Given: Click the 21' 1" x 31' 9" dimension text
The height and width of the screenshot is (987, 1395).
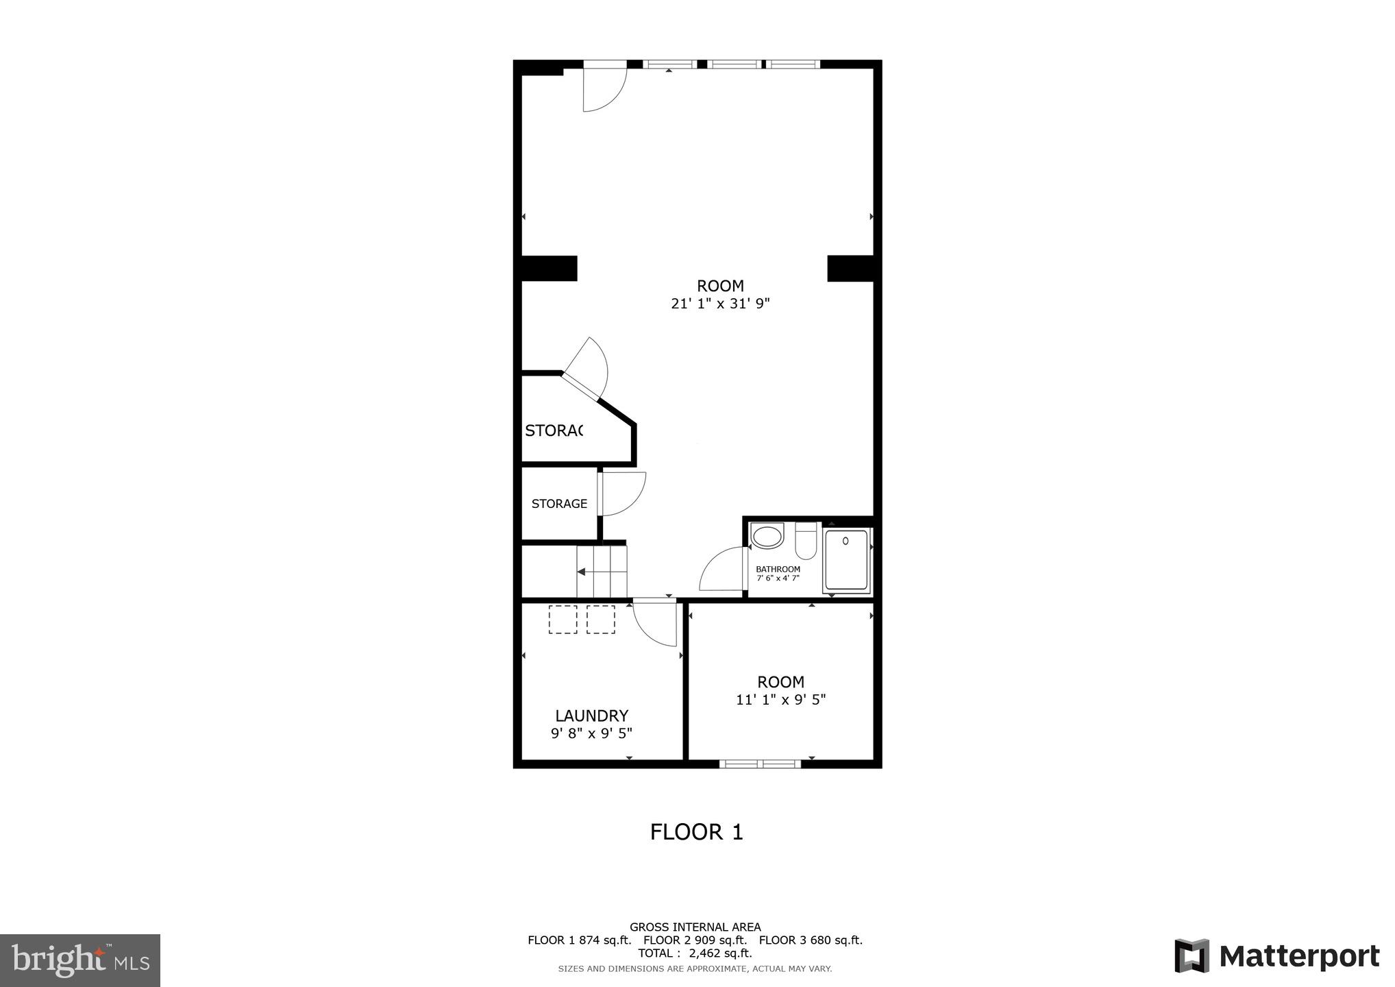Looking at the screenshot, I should [720, 304].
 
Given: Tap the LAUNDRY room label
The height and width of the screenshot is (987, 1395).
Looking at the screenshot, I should [591, 716].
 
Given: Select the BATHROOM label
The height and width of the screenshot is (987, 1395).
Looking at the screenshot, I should [778, 570].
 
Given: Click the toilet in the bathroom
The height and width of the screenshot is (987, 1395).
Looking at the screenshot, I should [806, 541].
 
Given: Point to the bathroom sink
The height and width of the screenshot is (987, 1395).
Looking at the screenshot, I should [767, 536].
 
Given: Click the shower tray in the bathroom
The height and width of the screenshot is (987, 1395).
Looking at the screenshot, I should [846, 560].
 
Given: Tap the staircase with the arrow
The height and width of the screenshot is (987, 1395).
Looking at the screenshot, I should [601, 571].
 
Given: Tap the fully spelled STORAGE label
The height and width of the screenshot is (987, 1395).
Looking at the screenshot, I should [559, 504].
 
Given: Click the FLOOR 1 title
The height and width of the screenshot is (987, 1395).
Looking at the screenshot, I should [696, 832].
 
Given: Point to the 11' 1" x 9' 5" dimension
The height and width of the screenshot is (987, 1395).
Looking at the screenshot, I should [780, 700].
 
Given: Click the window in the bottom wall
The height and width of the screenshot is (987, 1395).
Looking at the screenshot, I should [760, 764].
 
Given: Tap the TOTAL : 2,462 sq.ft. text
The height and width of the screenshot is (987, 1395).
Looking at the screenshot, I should [695, 953].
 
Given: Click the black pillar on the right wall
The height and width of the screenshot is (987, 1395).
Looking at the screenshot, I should [850, 268].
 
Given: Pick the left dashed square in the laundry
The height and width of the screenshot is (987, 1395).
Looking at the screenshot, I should [563, 619].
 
